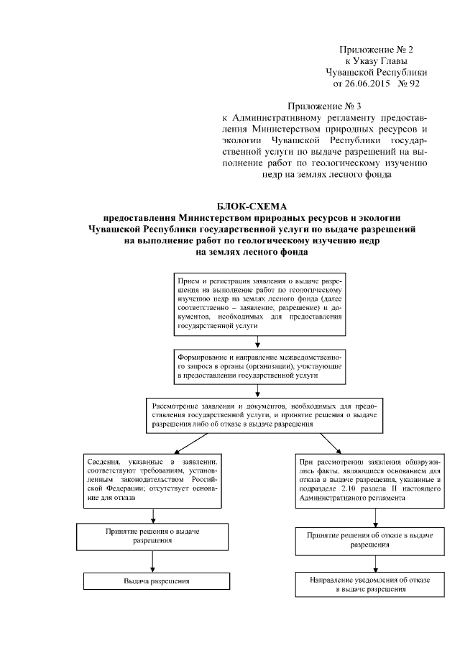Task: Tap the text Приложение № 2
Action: click(377, 49)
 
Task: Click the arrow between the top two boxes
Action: click(249, 342)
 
